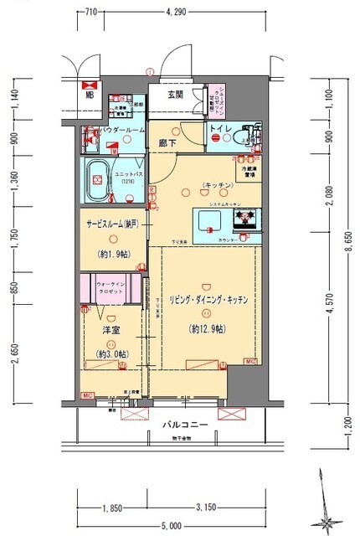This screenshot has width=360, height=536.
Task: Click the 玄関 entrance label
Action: click(x=175, y=94)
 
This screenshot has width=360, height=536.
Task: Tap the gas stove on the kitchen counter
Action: click(x=244, y=220)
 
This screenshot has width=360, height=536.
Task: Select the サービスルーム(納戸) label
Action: click(x=112, y=224)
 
